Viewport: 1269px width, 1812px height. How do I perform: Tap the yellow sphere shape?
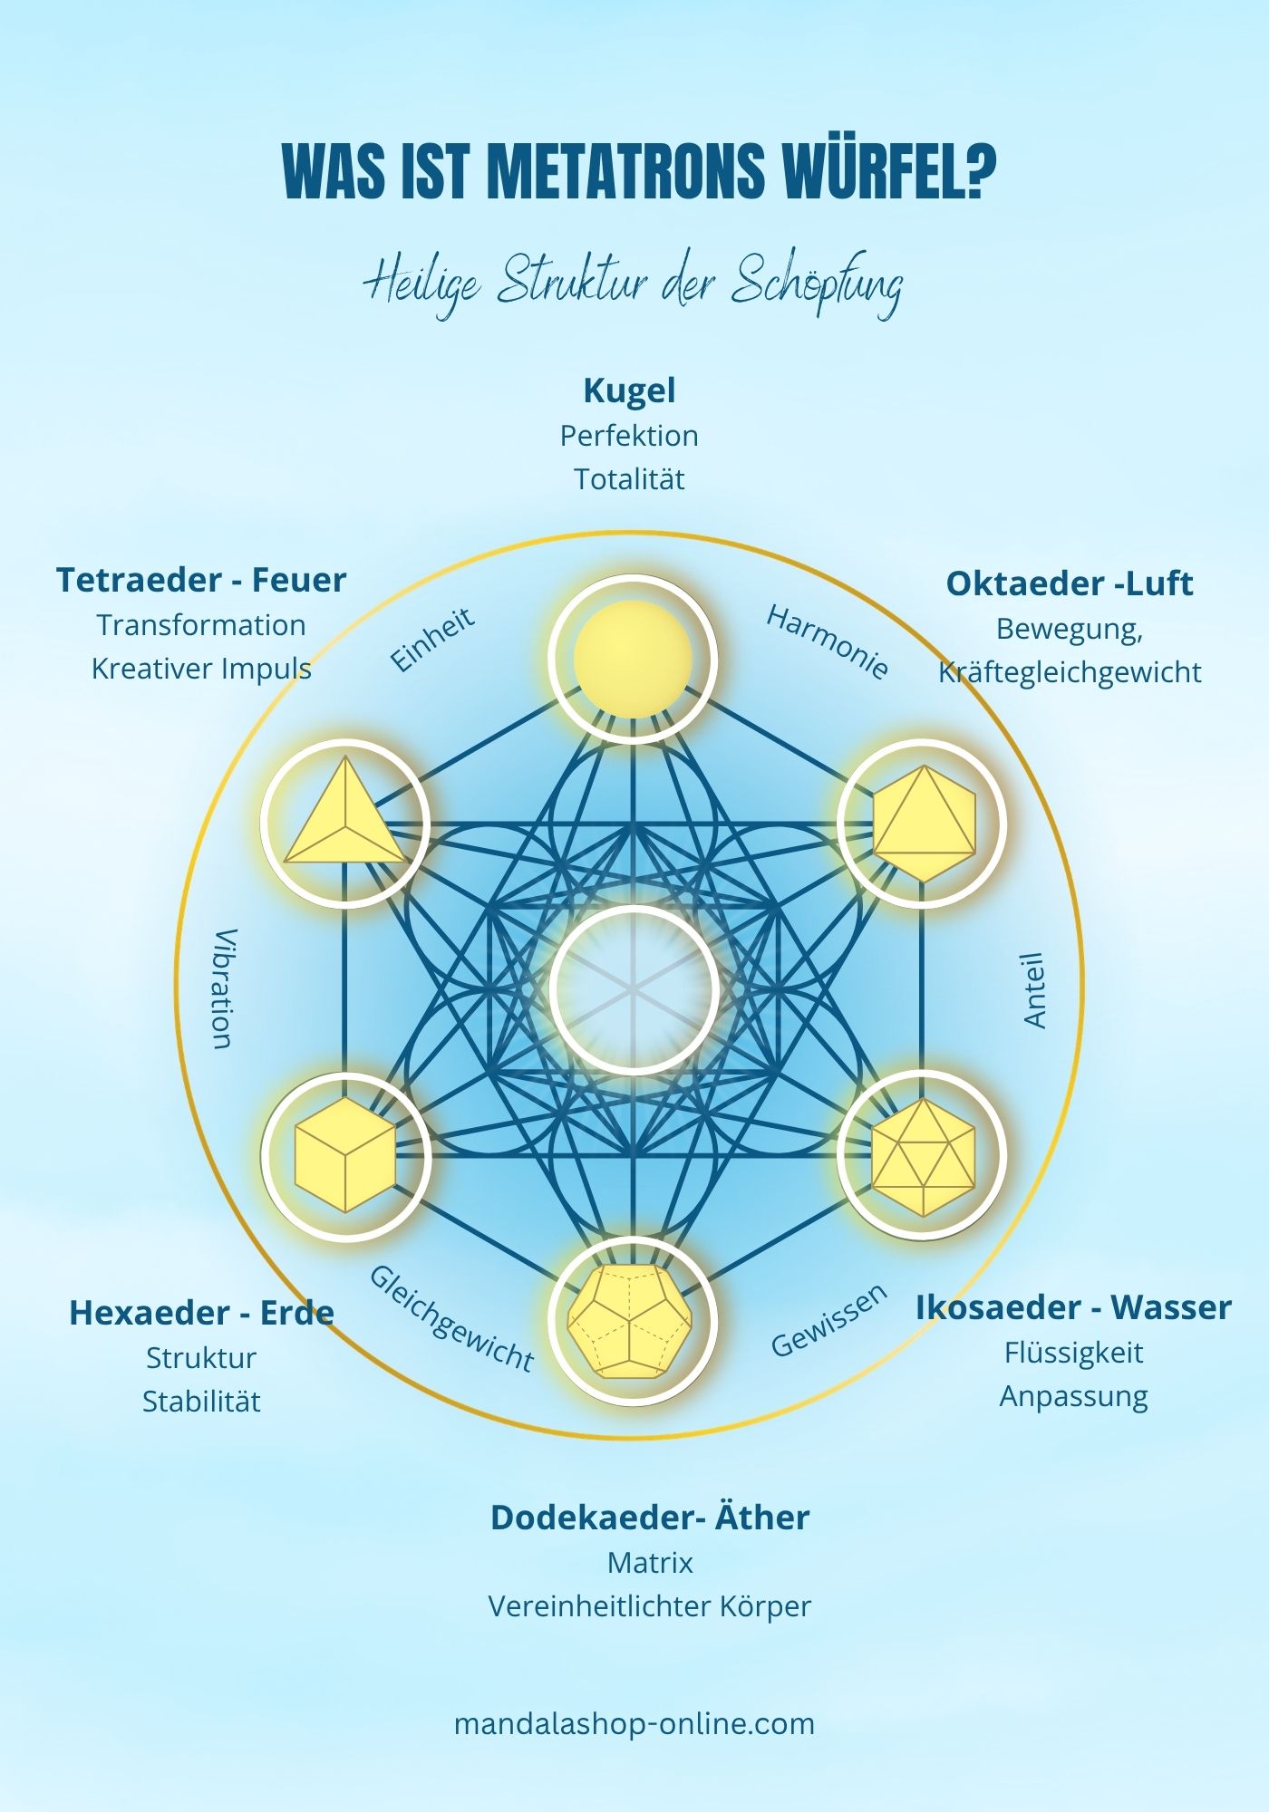pos(633,659)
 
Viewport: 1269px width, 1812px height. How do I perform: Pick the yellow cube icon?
pos(345,1155)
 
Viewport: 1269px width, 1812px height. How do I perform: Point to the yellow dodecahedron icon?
pos(632,1321)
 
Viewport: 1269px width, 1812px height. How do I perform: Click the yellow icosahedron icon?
pos(922,1157)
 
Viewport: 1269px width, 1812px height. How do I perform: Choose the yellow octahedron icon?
pos(923,823)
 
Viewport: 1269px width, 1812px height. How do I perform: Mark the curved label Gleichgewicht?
pos(450,1317)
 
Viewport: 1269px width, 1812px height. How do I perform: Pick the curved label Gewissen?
pos(828,1320)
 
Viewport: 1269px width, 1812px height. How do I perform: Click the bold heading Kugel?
pos(629,390)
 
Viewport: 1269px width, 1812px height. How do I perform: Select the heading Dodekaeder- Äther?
pos(649,1518)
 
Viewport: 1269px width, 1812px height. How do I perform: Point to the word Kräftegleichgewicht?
pos(1070,672)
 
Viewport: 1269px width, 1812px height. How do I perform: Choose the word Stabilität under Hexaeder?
pos(201,1402)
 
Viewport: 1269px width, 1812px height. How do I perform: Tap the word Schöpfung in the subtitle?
pos(816,284)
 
